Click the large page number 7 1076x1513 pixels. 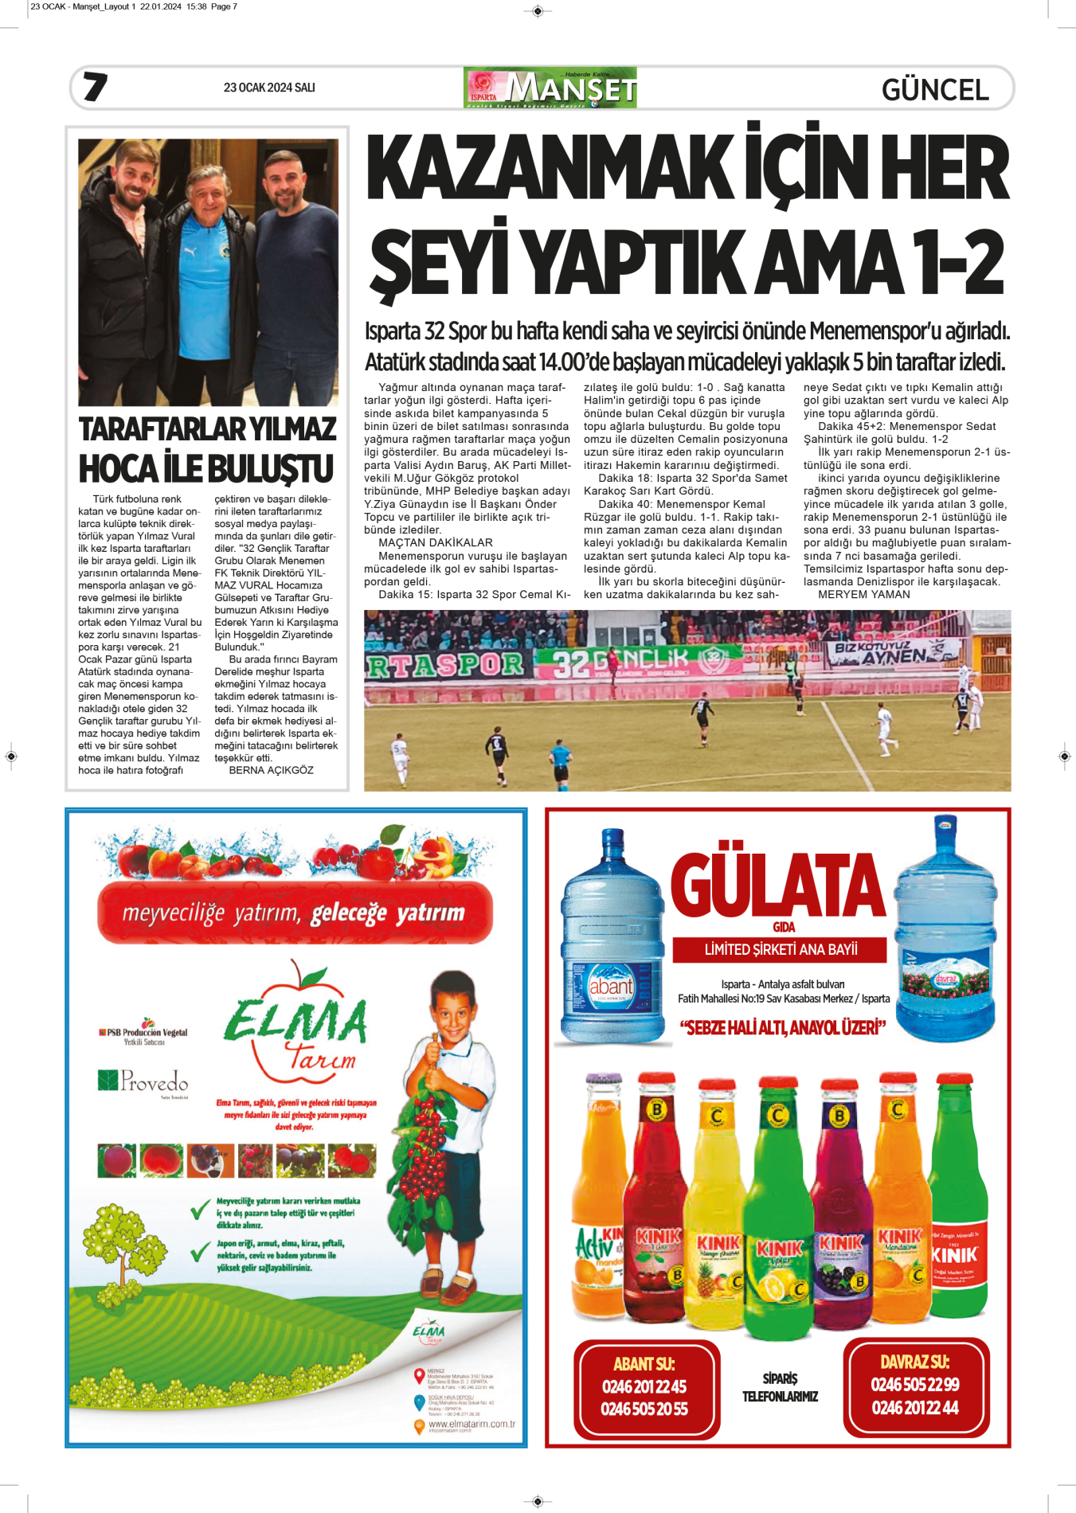pos(95,87)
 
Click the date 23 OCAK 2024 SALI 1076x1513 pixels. pos(269,88)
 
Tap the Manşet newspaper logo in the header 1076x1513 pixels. pos(550,88)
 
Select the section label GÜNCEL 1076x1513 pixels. pos(935,89)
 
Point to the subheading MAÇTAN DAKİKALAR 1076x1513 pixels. pos(436,543)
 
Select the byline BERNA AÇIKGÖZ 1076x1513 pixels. pos(271,770)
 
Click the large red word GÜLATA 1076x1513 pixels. pos(778,886)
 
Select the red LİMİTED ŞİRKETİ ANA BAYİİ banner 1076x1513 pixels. pos(781,949)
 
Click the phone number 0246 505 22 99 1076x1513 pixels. pos(915,1385)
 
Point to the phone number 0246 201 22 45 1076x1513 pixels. pos(644,1386)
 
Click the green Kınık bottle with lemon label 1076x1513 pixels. pos(778,1210)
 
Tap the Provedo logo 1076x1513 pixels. pos(143,1081)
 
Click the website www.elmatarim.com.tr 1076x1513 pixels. pos(471,1424)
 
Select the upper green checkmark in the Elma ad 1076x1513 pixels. pos(201,1211)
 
